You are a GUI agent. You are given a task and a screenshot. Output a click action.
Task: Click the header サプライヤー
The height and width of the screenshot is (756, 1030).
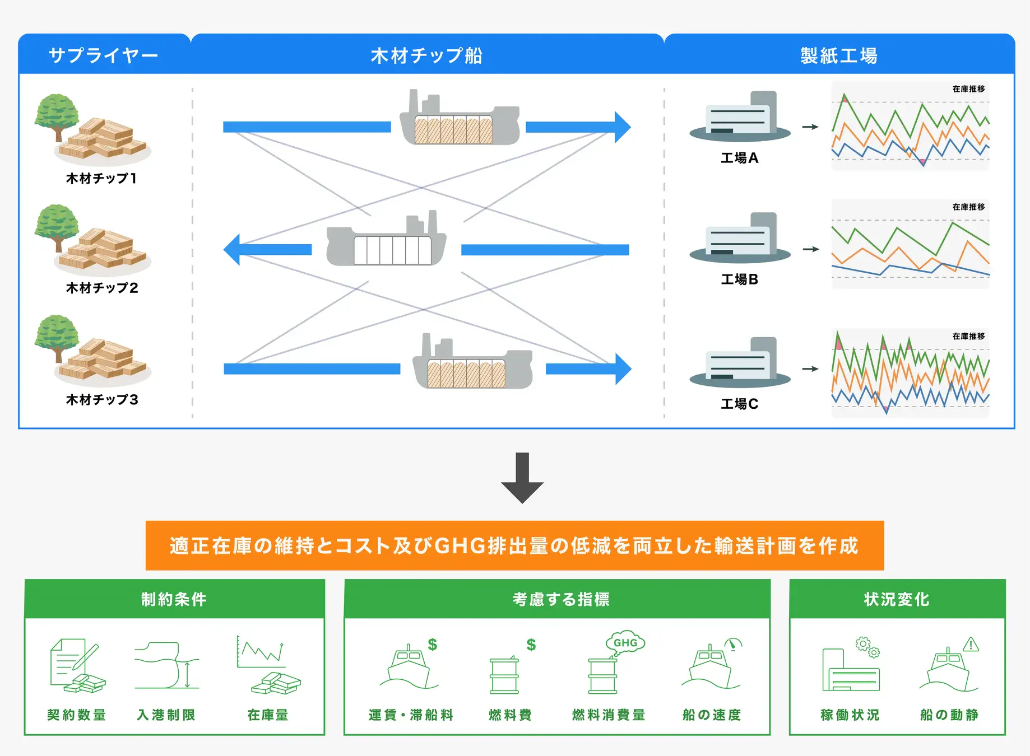[x=103, y=55]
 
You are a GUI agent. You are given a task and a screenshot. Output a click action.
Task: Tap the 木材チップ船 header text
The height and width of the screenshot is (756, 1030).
[x=426, y=55]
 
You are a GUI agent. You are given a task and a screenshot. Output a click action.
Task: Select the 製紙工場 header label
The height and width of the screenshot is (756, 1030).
[x=839, y=55]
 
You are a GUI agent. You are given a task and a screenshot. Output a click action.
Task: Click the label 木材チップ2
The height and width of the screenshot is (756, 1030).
[x=102, y=288]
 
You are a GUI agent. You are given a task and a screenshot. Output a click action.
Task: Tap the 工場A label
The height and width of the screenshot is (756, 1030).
[x=739, y=158]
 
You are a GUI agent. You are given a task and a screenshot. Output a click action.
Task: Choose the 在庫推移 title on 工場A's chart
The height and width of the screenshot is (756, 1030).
[x=968, y=89]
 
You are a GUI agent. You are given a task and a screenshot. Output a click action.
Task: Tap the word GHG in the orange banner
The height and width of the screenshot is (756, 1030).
[x=460, y=545]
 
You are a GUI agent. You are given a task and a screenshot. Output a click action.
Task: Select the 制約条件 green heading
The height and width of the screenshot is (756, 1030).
[x=174, y=599]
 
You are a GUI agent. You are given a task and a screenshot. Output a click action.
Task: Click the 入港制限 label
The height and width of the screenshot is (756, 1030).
[x=166, y=715]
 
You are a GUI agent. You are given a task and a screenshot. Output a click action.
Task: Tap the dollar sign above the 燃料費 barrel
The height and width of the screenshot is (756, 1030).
[x=531, y=645]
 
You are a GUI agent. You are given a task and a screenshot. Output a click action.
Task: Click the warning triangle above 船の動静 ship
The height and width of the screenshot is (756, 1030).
[x=971, y=645]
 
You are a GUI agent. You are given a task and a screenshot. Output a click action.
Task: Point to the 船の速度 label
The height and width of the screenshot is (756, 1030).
[x=712, y=715]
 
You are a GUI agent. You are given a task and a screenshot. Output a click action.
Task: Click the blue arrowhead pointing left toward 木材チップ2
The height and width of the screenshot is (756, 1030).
[x=232, y=250]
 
